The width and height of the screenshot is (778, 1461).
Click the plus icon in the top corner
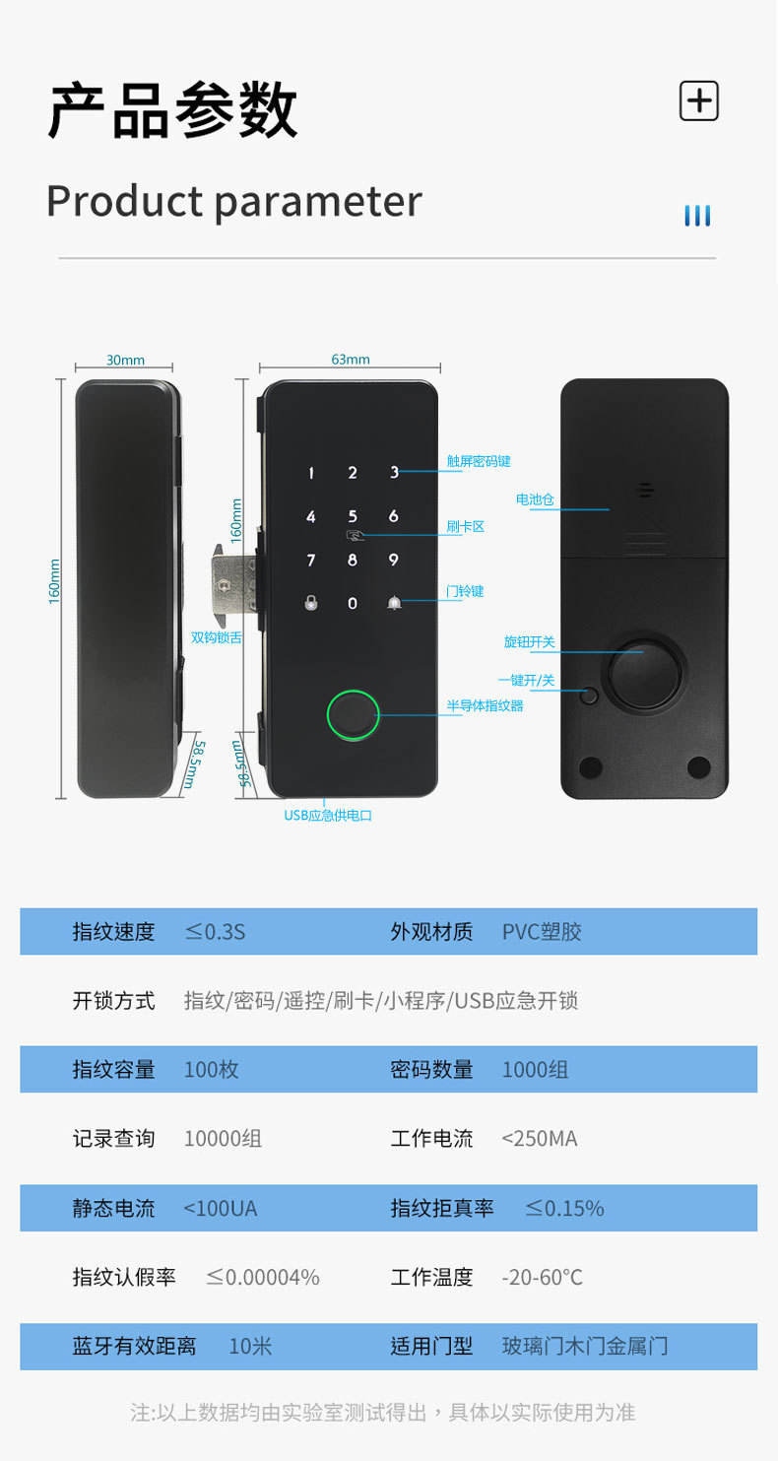pos(698,100)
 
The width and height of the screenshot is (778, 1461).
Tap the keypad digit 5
pos(353,516)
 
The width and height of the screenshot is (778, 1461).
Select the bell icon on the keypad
pos(394,603)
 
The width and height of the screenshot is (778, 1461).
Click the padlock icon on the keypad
pos(311,603)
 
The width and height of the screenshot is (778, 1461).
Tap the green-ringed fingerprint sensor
pos(353,717)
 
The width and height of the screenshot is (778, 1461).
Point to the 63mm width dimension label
pos(350,360)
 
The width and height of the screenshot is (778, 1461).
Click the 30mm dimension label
pos(125,361)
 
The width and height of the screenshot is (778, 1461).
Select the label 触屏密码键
pos(478,461)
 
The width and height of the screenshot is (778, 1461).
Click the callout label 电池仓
pos(535,499)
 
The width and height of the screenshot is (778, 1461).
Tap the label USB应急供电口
pos(328,815)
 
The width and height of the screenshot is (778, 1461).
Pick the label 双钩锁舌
pos(216,637)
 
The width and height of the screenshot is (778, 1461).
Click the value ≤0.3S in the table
pos(215,931)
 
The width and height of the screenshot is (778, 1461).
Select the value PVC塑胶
pos(542,931)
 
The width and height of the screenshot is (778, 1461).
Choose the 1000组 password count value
pos(535,1069)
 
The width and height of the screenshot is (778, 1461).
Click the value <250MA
pos(540,1139)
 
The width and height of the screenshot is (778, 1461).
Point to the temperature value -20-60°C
pos(542,1278)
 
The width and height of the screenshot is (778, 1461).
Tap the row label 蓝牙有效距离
pos(134,1346)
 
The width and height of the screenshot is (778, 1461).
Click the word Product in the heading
pos(124,201)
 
